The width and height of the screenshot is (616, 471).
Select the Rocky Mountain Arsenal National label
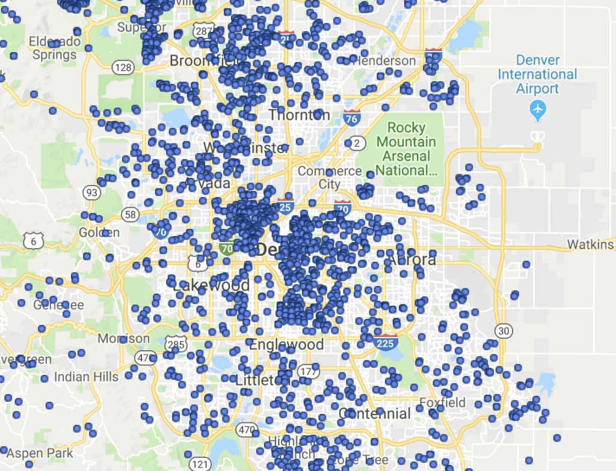(x=406, y=148)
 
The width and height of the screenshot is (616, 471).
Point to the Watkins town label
(x=591, y=245)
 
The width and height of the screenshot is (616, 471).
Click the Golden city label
(x=99, y=232)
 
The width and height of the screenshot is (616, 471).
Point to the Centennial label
(x=375, y=413)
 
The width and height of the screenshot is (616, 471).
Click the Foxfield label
(x=442, y=402)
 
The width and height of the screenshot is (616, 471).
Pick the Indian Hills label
(x=87, y=377)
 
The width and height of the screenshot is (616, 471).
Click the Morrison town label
(x=123, y=338)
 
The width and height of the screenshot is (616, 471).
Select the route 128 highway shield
(x=123, y=67)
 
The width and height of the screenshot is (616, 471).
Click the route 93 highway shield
(x=92, y=193)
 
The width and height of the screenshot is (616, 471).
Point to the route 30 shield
(x=504, y=330)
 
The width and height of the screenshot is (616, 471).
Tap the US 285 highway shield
(x=179, y=345)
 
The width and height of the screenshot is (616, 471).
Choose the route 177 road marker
(x=307, y=371)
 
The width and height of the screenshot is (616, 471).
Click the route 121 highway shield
(x=200, y=464)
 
